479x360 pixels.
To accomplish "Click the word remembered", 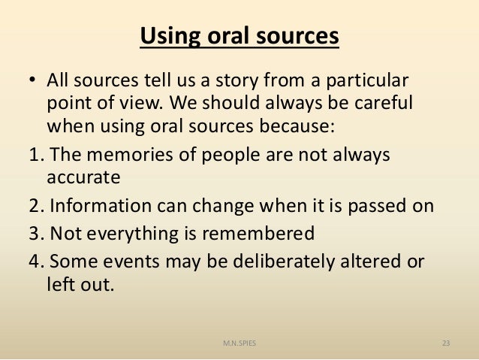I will point(252,234).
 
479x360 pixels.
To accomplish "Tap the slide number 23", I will point(446,343).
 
